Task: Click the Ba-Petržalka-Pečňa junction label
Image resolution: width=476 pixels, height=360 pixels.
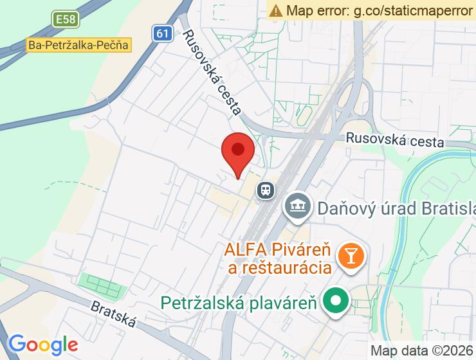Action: (79, 46)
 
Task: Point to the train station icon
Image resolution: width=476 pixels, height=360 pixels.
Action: (265, 190)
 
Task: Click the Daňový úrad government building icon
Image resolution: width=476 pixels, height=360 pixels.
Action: (297, 206)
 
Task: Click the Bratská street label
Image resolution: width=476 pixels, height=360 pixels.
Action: (113, 313)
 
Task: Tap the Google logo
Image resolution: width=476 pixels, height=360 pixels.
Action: (43, 345)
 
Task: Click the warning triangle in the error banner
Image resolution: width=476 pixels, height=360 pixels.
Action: (276, 10)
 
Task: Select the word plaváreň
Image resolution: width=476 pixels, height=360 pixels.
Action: (286, 301)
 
